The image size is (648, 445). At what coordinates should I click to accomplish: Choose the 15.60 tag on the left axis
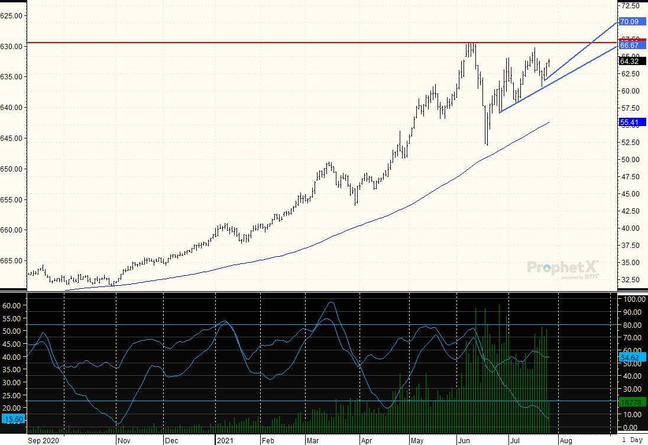click(x=13, y=419)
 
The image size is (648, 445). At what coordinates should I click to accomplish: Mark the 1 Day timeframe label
click(x=632, y=440)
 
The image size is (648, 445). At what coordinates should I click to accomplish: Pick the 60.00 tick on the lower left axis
click(x=12, y=305)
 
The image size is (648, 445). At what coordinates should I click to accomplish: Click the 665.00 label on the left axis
click(x=12, y=260)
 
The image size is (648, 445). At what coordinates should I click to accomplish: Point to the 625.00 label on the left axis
click(x=12, y=15)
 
